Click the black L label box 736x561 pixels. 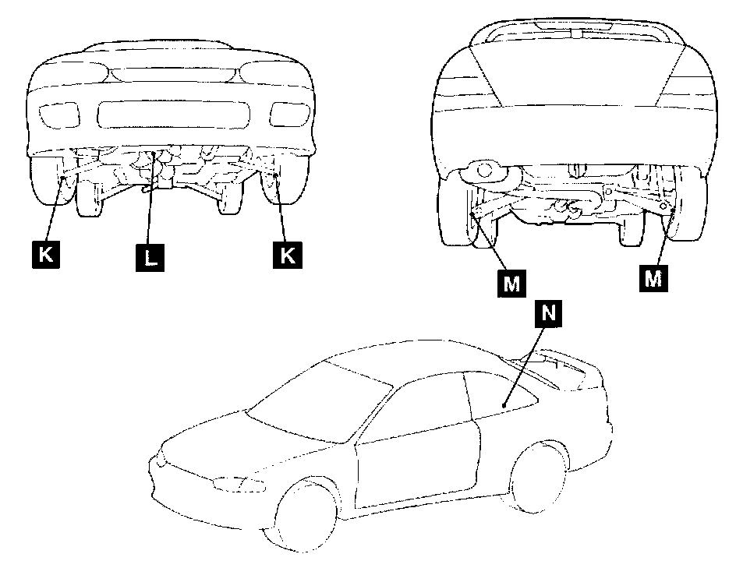click(x=150, y=256)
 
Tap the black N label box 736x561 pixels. click(x=547, y=312)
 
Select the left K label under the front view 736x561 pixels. click(x=48, y=256)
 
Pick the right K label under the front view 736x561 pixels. click(x=288, y=256)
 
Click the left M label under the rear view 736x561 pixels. click(x=511, y=283)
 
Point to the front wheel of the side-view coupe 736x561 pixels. click(x=306, y=515)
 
